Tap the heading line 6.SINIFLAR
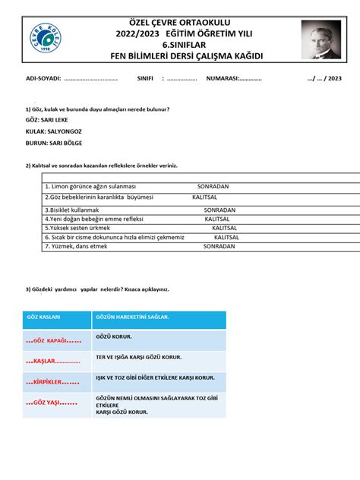(180, 44)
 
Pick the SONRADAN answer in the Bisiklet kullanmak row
(221, 209)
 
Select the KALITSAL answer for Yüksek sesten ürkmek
(226, 227)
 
